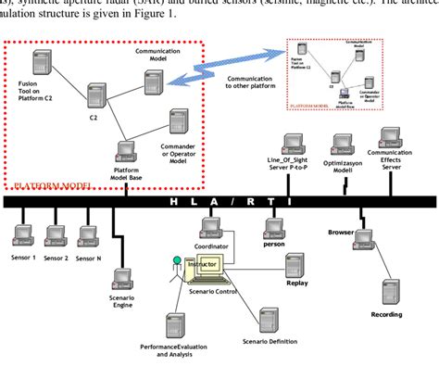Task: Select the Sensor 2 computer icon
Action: point(56,235)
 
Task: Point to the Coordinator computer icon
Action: point(212,227)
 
